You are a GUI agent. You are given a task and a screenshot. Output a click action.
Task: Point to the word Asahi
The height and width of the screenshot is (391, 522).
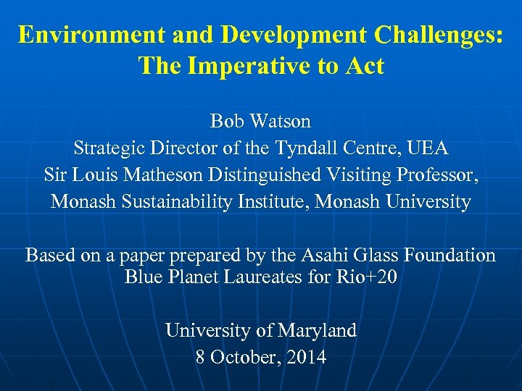pyautogui.click(x=326, y=255)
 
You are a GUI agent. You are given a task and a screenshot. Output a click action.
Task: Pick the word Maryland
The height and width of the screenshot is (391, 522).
pyautogui.click(x=316, y=330)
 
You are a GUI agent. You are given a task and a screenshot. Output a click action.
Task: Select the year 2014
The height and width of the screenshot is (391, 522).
pyautogui.click(x=307, y=357)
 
